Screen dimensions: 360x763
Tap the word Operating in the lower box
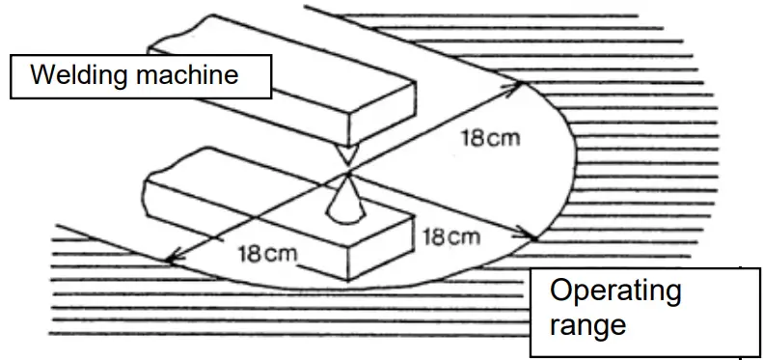614,291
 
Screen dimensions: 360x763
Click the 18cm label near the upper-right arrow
489,137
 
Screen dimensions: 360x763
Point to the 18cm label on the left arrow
267,254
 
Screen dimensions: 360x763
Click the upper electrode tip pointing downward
346,155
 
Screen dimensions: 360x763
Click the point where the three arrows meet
346,175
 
